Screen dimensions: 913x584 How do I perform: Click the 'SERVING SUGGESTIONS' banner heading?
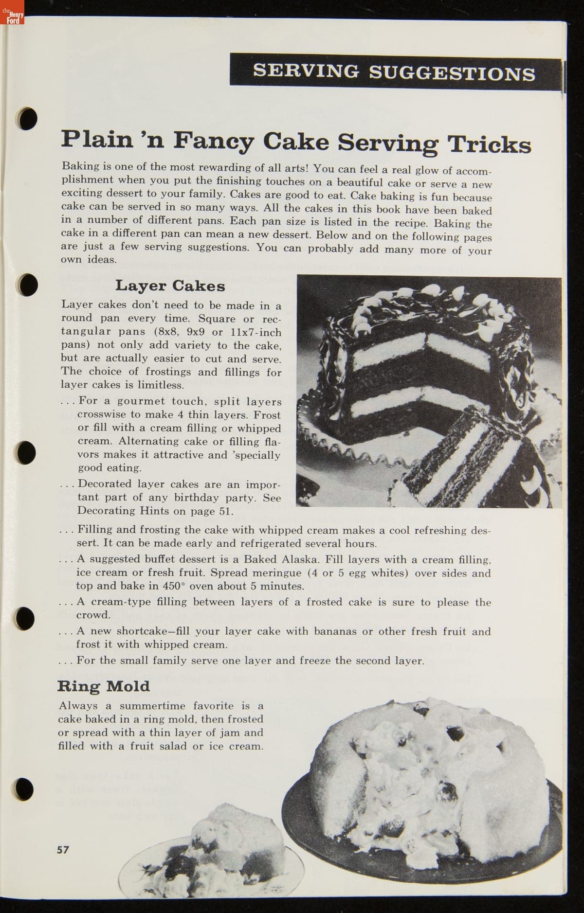click(x=394, y=72)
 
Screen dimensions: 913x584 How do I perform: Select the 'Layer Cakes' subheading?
click(x=170, y=286)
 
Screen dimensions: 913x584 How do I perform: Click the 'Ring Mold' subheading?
click(x=104, y=686)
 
